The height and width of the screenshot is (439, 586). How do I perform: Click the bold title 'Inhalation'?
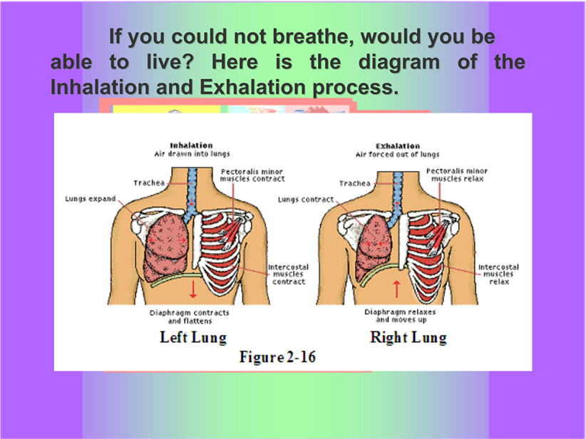(x=191, y=145)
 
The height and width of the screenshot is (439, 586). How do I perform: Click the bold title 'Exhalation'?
(x=398, y=146)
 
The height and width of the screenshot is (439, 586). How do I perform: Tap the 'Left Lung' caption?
(x=193, y=337)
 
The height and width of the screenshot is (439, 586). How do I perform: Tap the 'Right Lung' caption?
(x=408, y=337)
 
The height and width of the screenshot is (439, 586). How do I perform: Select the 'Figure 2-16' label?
(x=278, y=357)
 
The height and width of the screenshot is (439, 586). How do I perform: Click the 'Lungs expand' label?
(x=91, y=199)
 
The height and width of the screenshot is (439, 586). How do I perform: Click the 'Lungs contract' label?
(x=306, y=200)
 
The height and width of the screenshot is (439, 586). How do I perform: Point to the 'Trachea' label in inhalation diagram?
(x=149, y=182)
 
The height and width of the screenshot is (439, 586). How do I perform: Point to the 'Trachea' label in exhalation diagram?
(x=355, y=183)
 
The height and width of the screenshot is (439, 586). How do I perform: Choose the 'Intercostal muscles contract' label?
(x=289, y=274)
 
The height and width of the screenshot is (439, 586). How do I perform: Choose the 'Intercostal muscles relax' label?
(x=498, y=274)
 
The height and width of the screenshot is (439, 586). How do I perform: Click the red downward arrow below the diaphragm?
(x=193, y=289)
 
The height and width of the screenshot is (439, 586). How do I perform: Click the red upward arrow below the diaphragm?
(x=396, y=289)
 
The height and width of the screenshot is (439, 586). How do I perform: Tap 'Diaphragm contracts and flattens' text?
(x=190, y=317)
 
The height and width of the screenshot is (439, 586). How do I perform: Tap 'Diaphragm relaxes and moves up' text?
(x=400, y=316)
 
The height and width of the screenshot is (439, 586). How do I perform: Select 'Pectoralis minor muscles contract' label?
(x=252, y=175)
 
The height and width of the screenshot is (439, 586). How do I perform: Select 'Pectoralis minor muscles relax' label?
(x=457, y=175)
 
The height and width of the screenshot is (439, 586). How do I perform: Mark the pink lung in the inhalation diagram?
(x=166, y=247)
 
